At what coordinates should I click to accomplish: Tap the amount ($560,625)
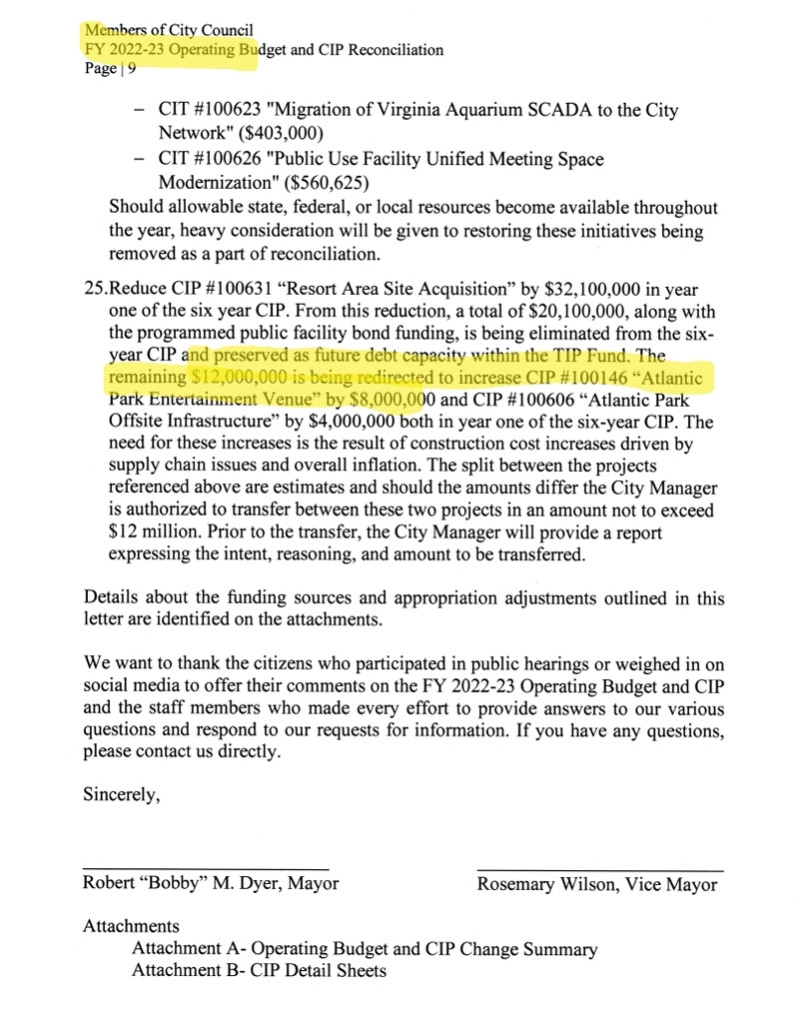pyautogui.click(x=332, y=184)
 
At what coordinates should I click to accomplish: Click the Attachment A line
pyautogui.click(x=364, y=949)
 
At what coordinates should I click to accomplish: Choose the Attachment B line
pyautogui.click(x=259, y=970)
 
